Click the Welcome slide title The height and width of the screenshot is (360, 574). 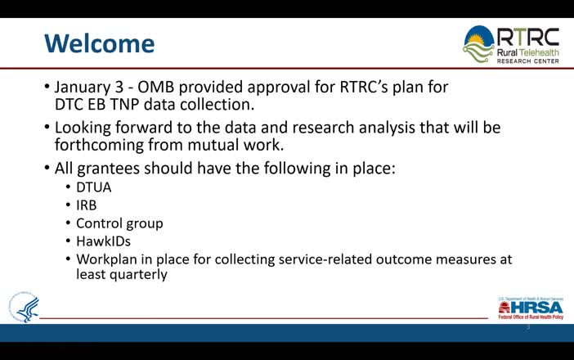click(x=98, y=43)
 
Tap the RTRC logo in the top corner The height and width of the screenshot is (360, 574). click(x=512, y=45)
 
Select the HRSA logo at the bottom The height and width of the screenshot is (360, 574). click(x=530, y=308)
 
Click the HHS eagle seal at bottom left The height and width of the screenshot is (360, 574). click(x=25, y=307)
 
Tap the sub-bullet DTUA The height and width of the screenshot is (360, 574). click(x=94, y=187)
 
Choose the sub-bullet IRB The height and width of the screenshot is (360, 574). click(x=87, y=205)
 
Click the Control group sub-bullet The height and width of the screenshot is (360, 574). click(x=119, y=223)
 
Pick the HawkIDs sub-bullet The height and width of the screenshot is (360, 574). click(x=103, y=241)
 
